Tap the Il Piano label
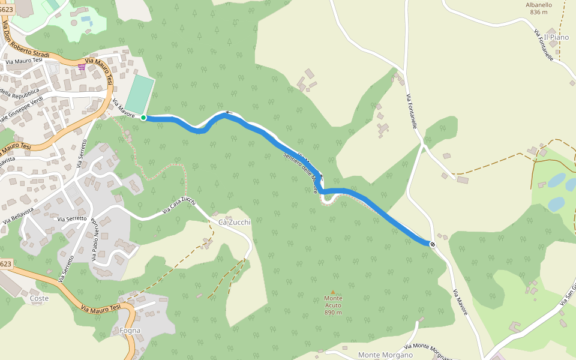556,37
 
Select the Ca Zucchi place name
234,222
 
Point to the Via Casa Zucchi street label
179,205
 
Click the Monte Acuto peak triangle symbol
333,292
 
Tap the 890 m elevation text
333,313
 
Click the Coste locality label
39,298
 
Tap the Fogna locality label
130,330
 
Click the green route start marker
143,118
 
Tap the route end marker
432,244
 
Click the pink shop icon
82,67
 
